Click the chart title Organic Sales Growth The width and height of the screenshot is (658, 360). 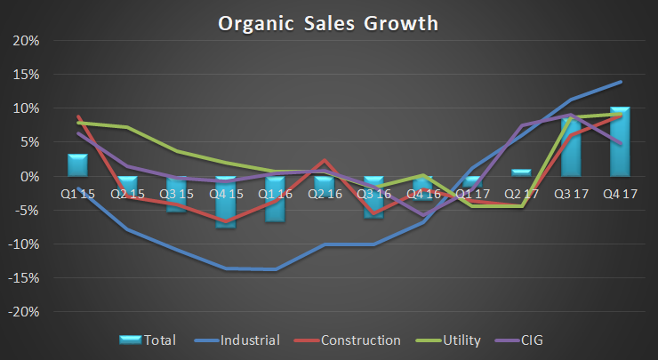(328, 23)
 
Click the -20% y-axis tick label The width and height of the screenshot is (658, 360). (25, 312)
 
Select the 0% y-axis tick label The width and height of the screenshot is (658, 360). (30, 177)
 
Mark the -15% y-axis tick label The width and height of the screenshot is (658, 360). (25, 278)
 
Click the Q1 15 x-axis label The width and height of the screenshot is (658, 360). (78, 192)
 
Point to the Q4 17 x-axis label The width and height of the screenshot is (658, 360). (621, 192)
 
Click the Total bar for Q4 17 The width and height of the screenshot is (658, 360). (621, 142)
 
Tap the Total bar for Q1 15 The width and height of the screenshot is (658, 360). (78, 165)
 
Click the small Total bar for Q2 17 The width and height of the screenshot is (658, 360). (521, 172)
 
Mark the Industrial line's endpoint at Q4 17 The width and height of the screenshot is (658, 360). (621, 82)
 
